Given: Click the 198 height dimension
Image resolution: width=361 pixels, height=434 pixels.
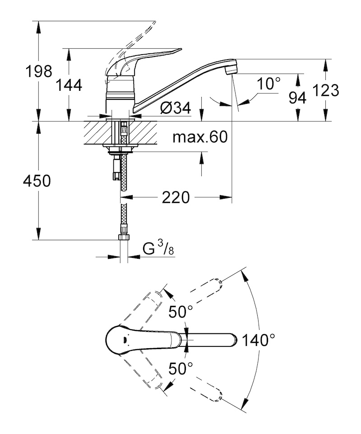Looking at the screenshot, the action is pos(38,71).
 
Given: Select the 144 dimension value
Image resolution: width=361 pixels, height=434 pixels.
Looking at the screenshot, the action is pos(69,85).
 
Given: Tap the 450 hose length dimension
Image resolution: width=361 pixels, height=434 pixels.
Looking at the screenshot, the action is pos(37,181).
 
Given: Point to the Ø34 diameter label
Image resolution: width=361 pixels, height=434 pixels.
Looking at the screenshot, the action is pos(176,107).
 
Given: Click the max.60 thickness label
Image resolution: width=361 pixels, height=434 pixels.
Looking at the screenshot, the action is pos(200,137).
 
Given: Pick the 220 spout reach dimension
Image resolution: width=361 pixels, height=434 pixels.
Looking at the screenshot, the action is pos(176,197).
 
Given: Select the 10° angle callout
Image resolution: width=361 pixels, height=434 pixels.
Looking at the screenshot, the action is pos(268,83).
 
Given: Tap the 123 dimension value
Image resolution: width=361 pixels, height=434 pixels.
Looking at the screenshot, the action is pos(326,90).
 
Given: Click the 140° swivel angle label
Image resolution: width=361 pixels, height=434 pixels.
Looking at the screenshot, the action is pos(259,340).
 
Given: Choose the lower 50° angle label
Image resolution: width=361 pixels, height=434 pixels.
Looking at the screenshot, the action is pos(180,369).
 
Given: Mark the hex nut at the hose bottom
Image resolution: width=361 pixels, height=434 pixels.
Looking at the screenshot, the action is pos(124,237).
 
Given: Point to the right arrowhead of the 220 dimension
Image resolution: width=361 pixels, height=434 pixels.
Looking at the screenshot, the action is pos(226,197).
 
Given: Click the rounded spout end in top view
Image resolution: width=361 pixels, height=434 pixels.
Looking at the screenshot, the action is pos(234,340).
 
